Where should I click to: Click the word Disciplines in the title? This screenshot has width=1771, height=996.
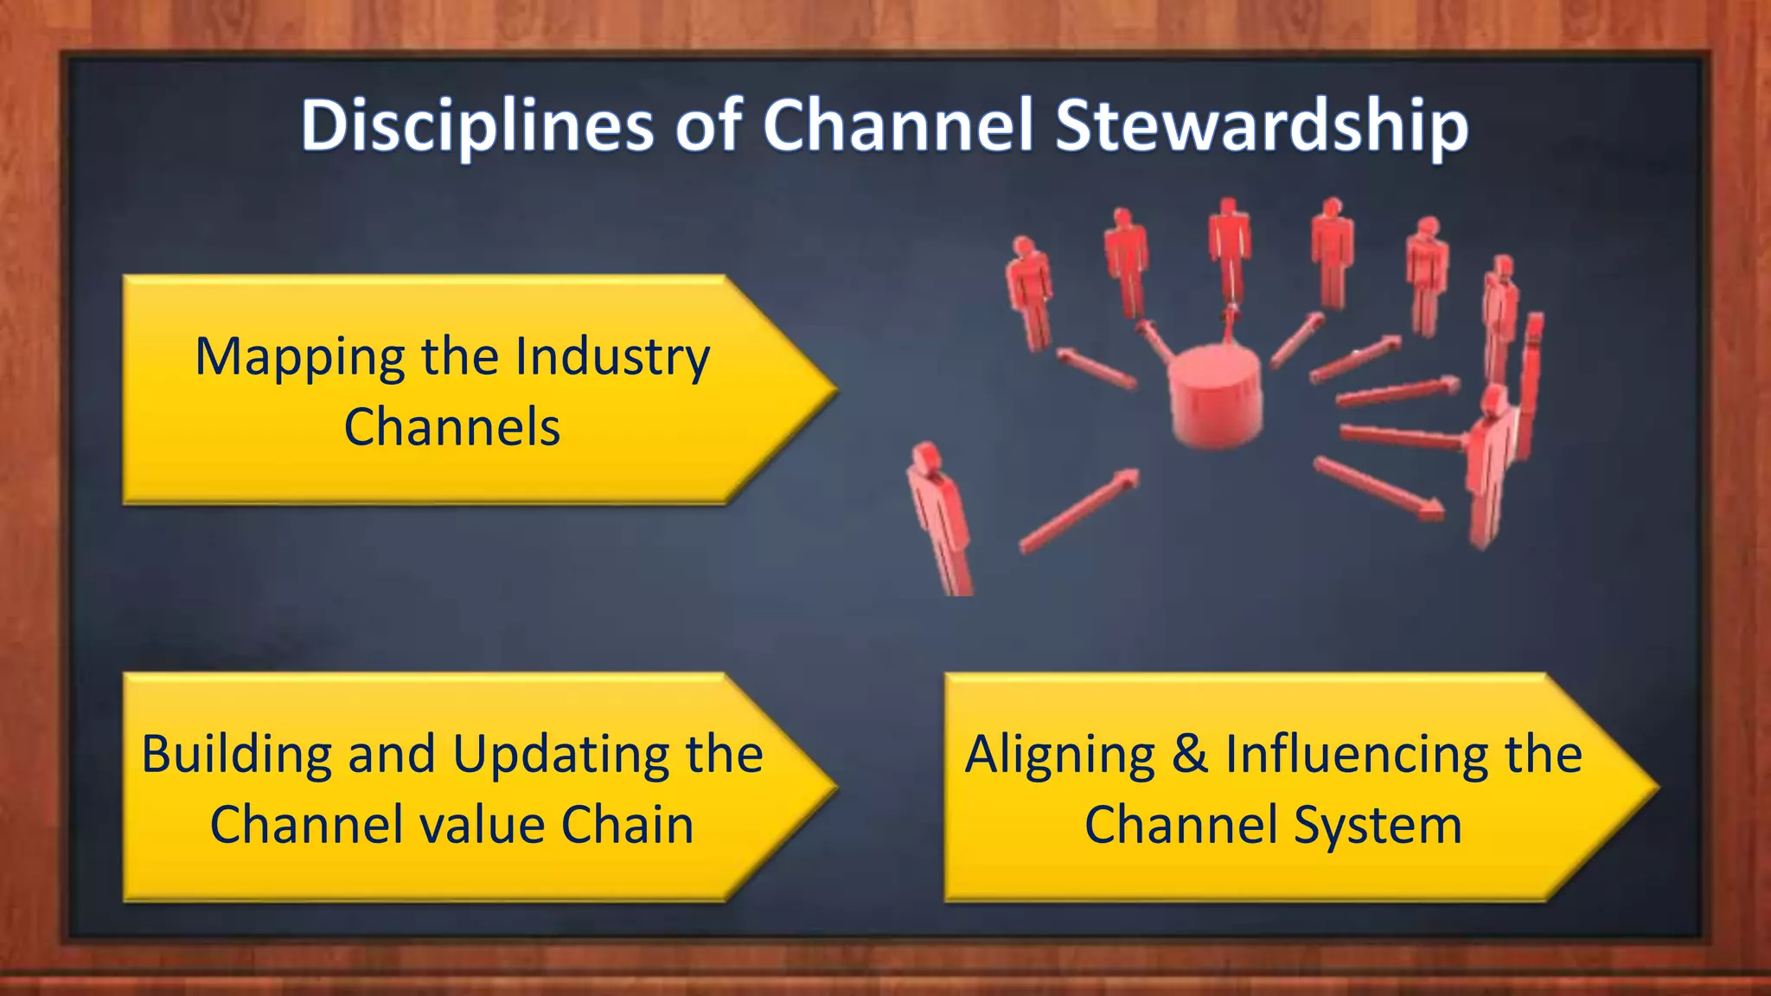point(476,126)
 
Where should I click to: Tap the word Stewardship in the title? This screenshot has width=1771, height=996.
point(1262,126)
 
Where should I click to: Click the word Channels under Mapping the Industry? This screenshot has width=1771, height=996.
point(452,427)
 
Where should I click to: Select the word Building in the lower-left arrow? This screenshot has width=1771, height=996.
point(236,755)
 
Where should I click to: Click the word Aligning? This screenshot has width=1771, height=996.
point(1060,755)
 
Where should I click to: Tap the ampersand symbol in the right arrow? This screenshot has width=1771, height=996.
point(1190,754)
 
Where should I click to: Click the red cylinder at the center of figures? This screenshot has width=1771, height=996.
point(1215,396)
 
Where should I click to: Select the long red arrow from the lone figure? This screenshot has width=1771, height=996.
point(1078,511)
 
